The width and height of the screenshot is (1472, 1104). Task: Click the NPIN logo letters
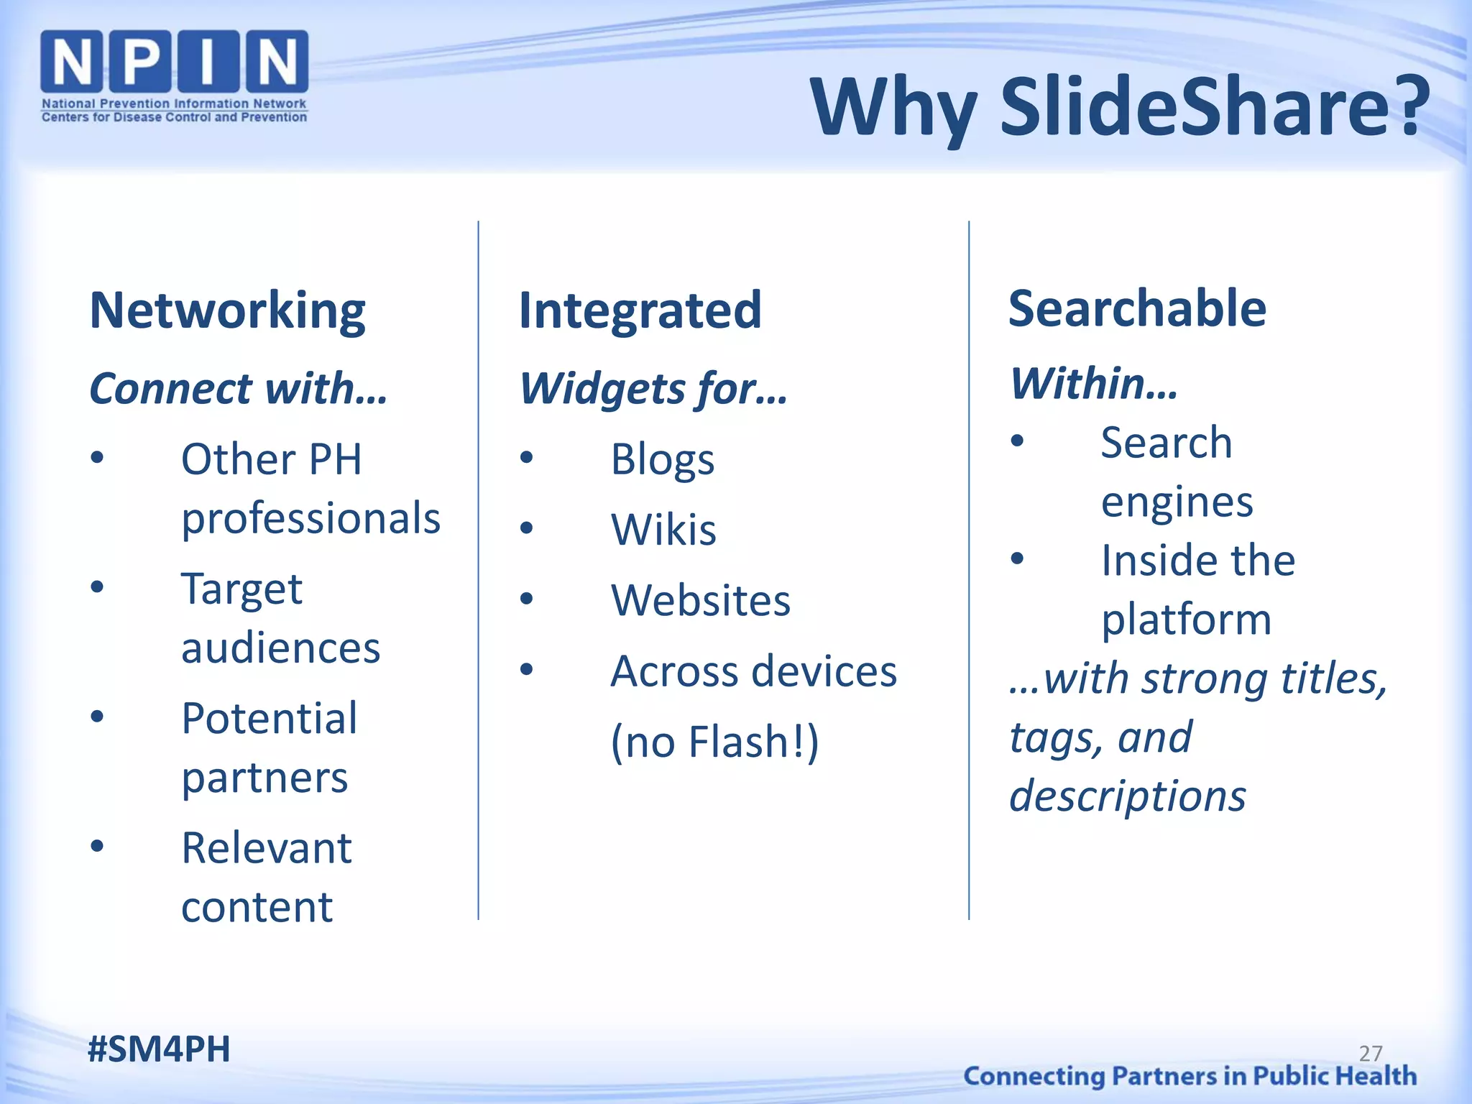(x=174, y=62)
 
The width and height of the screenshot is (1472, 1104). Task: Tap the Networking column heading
(x=227, y=310)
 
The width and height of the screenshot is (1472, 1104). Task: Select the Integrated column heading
(x=640, y=310)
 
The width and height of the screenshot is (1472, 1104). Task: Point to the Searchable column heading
(x=1137, y=308)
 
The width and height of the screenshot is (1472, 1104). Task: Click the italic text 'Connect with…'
(x=238, y=389)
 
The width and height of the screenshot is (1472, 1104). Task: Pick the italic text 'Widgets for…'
(x=653, y=389)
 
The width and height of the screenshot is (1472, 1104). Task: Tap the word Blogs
(x=662, y=459)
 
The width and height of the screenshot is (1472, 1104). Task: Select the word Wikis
(x=663, y=530)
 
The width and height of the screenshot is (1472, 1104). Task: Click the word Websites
(x=701, y=600)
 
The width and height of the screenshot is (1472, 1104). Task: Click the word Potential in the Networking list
(x=269, y=718)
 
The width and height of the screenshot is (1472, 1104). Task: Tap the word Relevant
(x=266, y=847)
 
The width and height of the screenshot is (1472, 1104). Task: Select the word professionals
(x=310, y=518)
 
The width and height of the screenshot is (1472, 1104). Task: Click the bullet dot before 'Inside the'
(x=1016, y=558)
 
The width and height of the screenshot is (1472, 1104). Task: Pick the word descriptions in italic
(x=1127, y=796)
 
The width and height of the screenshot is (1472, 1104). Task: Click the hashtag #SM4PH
(x=159, y=1049)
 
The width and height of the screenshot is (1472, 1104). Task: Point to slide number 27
(x=1371, y=1053)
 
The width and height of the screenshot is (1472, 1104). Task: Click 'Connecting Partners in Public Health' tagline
(x=1190, y=1076)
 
